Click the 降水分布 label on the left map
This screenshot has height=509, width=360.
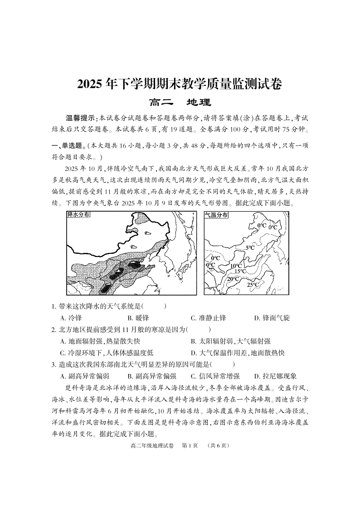[78, 215]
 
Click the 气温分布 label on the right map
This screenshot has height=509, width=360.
[216, 215]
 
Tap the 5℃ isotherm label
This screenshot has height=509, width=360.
[250, 248]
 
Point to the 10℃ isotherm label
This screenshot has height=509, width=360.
[236, 266]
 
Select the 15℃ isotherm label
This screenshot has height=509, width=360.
[240, 271]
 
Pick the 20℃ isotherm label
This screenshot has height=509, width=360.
[233, 279]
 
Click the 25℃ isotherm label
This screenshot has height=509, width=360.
[253, 285]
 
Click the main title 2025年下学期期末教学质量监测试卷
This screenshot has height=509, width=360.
[180, 84]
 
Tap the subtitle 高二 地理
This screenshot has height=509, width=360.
[180, 103]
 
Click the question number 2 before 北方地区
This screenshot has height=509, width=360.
[54, 330]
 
